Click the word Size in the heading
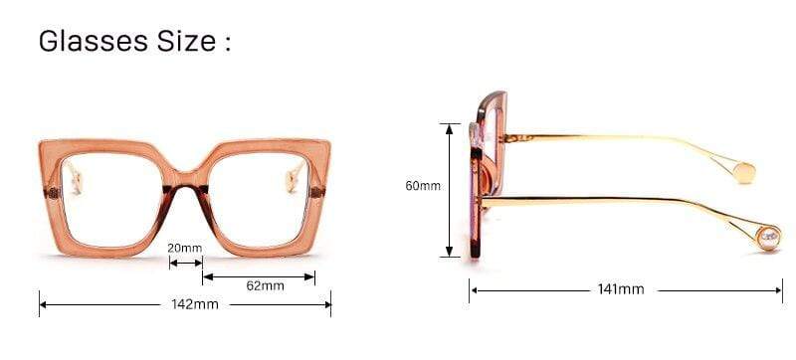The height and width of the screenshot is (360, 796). pyautogui.click(x=186, y=41)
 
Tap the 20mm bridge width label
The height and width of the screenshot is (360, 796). pyautogui.click(x=185, y=248)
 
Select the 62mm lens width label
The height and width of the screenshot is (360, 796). pyautogui.click(x=265, y=285)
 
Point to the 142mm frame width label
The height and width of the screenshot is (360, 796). pyautogui.click(x=195, y=304)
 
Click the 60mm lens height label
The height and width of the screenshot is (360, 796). pyautogui.click(x=423, y=186)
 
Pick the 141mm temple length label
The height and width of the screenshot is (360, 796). pyautogui.click(x=621, y=289)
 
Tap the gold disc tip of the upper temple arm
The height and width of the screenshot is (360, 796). pyautogui.click(x=743, y=172)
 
